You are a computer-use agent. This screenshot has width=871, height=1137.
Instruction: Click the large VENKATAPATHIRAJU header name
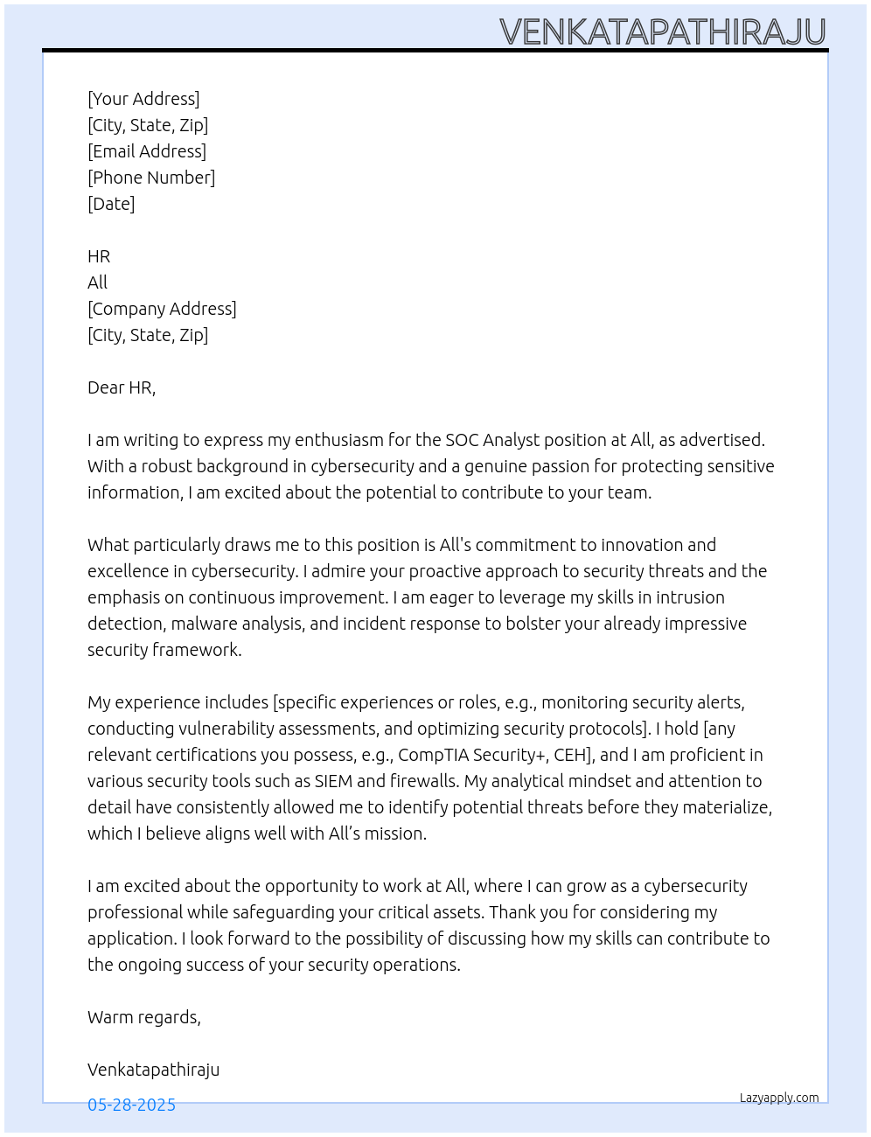tap(663, 32)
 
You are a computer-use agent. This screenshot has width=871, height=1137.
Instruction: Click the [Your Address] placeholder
tap(143, 99)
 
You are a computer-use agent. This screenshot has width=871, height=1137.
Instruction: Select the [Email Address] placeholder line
tap(147, 151)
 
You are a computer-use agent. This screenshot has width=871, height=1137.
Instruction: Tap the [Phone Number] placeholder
tap(151, 178)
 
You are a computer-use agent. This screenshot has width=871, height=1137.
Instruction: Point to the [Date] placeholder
tap(111, 204)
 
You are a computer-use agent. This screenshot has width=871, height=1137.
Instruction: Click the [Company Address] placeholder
tap(162, 309)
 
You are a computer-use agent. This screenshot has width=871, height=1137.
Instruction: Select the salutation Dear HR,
tap(122, 387)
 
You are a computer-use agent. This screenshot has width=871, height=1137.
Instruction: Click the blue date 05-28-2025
tap(131, 1105)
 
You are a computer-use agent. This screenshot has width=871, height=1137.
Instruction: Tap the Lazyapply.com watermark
tap(779, 1098)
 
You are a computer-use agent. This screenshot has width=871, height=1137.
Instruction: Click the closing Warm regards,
tap(144, 1017)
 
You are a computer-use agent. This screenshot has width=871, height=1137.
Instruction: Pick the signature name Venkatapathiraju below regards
tap(153, 1070)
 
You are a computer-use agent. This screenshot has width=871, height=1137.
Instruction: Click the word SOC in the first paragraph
tap(462, 440)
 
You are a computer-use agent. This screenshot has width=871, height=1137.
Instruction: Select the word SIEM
tap(333, 781)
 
